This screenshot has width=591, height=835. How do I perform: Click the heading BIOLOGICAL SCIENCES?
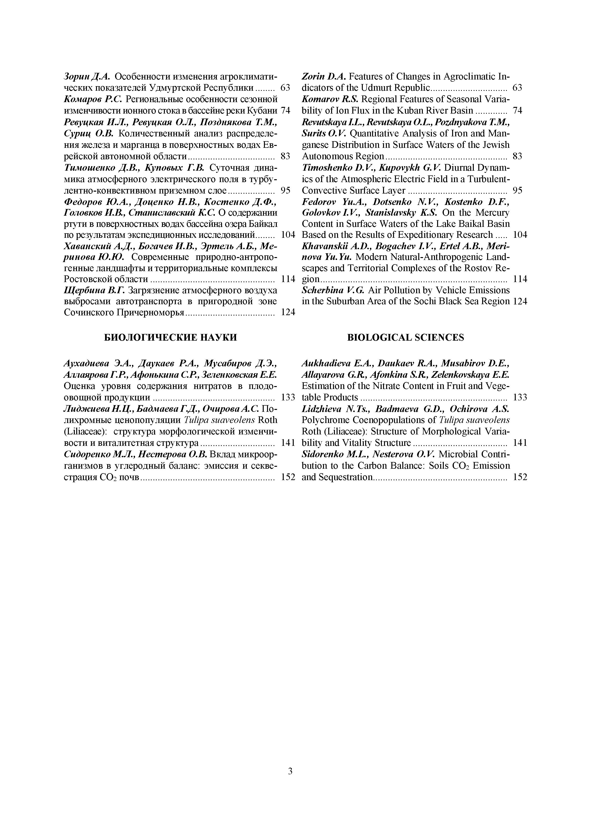tap(406, 338)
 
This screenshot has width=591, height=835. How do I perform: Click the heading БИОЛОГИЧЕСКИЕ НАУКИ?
tap(171, 338)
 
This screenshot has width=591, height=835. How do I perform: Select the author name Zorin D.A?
tap(325, 77)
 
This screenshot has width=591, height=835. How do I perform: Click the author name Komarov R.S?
tap(330, 99)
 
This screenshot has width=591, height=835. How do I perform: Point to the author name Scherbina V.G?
tap(334, 290)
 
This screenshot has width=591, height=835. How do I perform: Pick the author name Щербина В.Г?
tap(95, 290)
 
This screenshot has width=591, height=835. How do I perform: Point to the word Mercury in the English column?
tap(493, 212)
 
